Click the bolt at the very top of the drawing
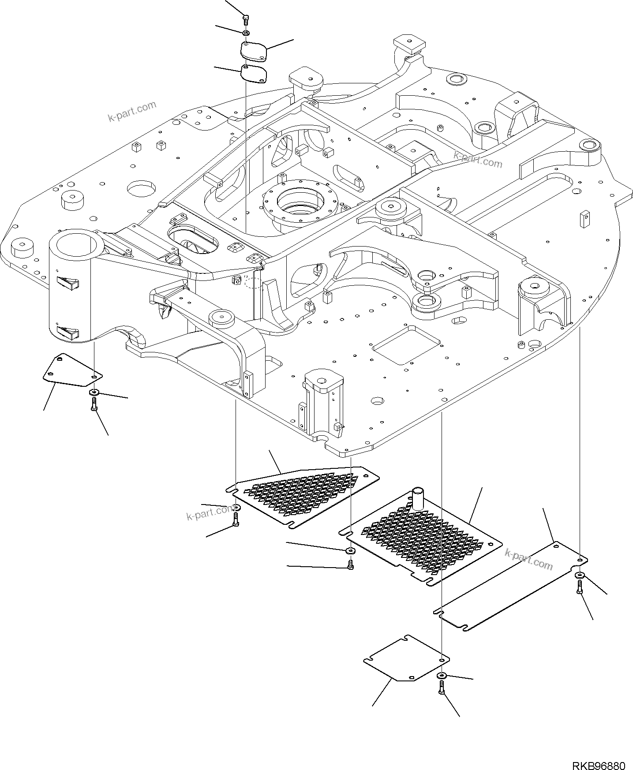pos(246,19)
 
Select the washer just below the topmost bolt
pos(246,33)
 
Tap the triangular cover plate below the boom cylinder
pos(71,370)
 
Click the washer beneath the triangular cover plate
pos(94,392)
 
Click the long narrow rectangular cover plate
pos(512,587)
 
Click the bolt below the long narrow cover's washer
pos(579,587)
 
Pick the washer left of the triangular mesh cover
pos(236,508)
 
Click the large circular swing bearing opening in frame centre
pos(300,201)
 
